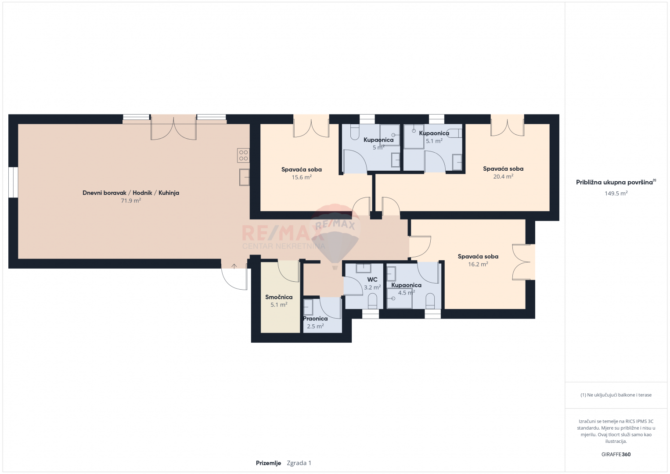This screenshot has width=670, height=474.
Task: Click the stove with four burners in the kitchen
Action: click(243, 155)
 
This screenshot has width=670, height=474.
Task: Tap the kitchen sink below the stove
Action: click(244, 177)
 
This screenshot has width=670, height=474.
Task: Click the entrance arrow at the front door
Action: click(234, 266)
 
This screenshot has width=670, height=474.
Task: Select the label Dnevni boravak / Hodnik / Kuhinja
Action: click(131, 193)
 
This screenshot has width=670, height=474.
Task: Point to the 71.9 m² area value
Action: click(131, 201)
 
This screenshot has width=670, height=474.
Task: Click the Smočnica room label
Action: click(279, 297)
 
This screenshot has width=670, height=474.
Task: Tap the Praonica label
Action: click(315, 319)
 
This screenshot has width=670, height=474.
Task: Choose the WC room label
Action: click(372, 280)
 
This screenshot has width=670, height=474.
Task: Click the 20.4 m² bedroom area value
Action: click(503, 176)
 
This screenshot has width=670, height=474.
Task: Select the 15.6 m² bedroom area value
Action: click(302, 177)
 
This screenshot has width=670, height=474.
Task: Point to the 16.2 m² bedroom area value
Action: click(478, 264)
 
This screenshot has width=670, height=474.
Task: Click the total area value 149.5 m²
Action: click(616, 193)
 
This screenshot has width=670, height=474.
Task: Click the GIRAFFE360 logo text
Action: click(616, 454)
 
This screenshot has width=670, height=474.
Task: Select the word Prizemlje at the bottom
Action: click(268, 463)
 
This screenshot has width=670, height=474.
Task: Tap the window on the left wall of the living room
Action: click(13, 183)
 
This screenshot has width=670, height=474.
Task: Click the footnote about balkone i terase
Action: click(616, 395)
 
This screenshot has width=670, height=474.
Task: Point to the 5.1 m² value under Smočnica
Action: click(279, 305)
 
